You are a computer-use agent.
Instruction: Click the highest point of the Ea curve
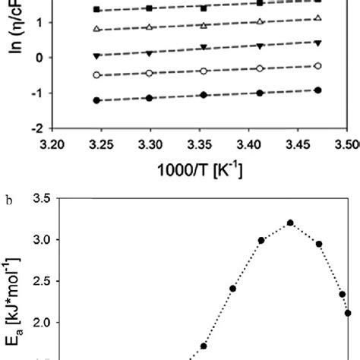point(290,223)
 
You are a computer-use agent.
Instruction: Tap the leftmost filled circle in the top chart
point(96,100)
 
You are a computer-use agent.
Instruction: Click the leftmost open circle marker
point(96,74)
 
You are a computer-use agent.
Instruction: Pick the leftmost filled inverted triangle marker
point(96,56)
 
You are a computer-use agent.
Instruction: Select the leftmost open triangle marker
point(96,29)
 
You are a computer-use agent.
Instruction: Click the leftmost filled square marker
point(96,9)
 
